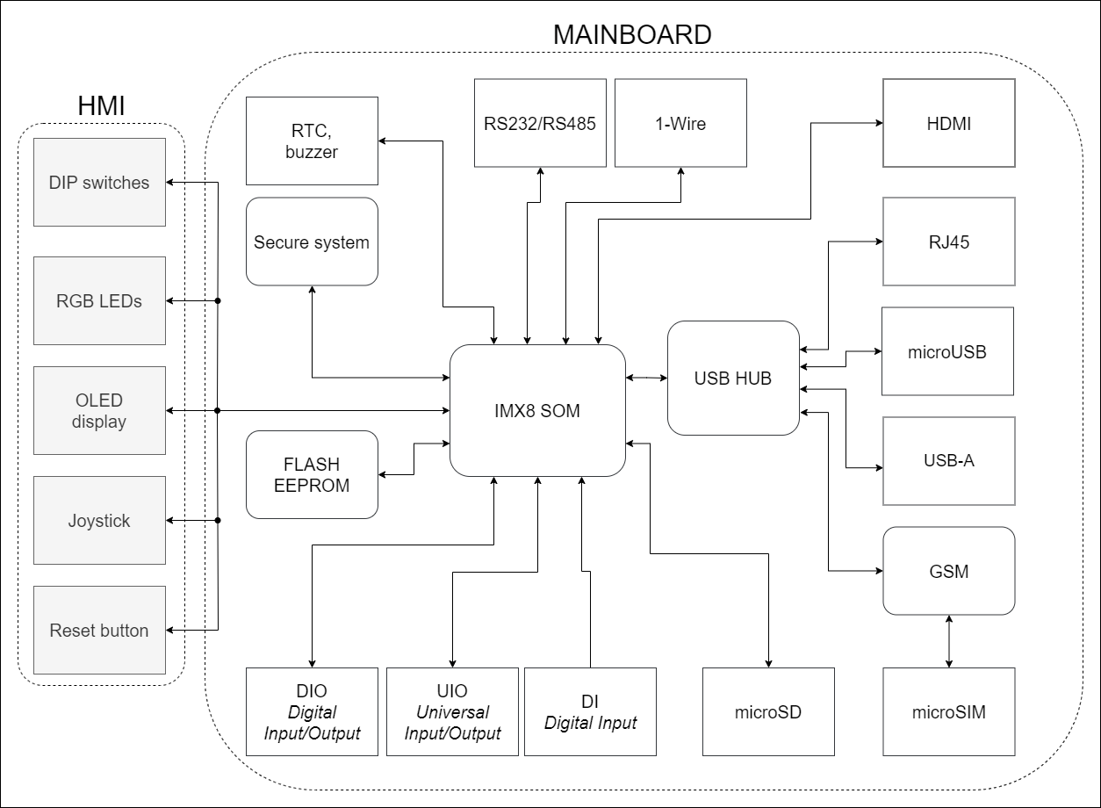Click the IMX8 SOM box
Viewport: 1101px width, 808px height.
[x=537, y=410]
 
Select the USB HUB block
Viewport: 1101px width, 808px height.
[x=733, y=379]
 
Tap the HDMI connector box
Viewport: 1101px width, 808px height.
[x=948, y=123]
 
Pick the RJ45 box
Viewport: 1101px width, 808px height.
[x=948, y=242]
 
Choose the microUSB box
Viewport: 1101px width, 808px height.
[x=947, y=351]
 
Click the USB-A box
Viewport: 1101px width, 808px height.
[x=948, y=461]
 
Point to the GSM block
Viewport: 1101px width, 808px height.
[x=948, y=571]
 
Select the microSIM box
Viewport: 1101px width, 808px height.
[x=948, y=711]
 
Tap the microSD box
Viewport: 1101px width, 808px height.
[x=768, y=711]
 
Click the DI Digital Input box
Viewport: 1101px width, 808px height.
[x=590, y=711]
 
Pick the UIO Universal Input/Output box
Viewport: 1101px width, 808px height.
[x=452, y=711]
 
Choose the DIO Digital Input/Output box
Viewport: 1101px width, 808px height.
[x=312, y=711]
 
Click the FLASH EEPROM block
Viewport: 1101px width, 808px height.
[x=312, y=474]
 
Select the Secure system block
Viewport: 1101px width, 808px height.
[x=312, y=242]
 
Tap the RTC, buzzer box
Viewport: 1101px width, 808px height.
[x=312, y=141]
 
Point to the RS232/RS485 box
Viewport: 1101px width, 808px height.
[x=540, y=123]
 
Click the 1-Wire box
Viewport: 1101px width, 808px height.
[x=680, y=123]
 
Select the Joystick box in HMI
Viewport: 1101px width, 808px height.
[x=99, y=520]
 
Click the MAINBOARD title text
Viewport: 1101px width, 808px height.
[x=632, y=35]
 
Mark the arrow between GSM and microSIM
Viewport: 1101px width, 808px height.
[x=949, y=641]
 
